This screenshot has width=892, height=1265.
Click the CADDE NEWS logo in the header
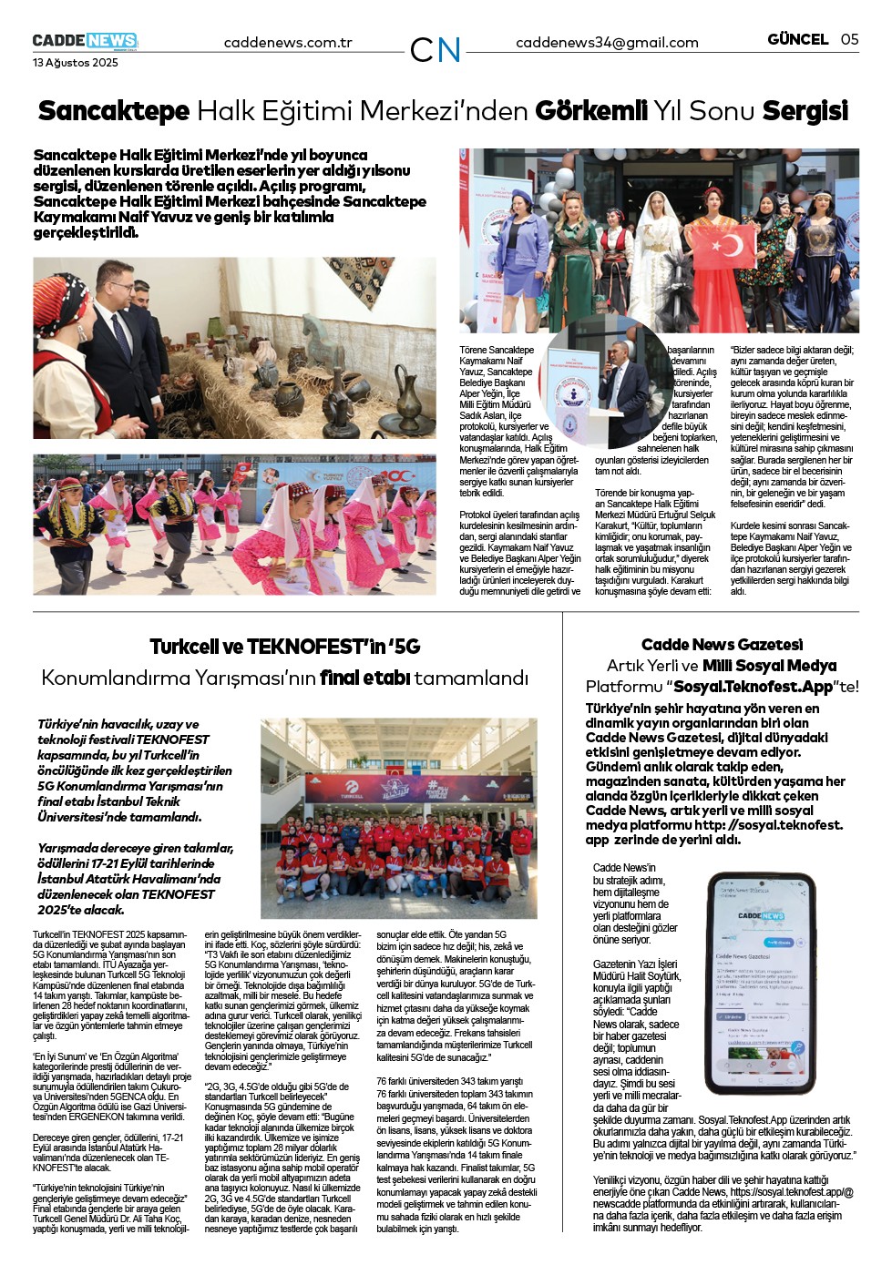(x=85, y=41)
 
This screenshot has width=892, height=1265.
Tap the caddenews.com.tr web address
(x=288, y=43)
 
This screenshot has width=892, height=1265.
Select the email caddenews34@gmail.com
(x=607, y=43)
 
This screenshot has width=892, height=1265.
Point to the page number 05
(x=849, y=39)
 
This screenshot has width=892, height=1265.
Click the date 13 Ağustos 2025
(x=76, y=63)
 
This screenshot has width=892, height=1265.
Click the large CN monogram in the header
(x=435, y=50)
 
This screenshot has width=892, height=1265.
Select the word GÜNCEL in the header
(x=797, y=39)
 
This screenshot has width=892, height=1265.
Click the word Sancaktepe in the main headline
(x=114, y=111)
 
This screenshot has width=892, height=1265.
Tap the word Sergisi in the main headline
(x=805, y=111)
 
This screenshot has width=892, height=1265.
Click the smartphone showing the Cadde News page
(x=760, y=984)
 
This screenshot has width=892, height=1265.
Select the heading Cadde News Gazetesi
(x=722, y=645)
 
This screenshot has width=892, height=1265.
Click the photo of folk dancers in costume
(x=234, y=525)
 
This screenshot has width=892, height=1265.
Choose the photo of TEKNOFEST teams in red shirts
(x=398, y=818)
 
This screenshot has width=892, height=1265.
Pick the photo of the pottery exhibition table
(x=234, y=348)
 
